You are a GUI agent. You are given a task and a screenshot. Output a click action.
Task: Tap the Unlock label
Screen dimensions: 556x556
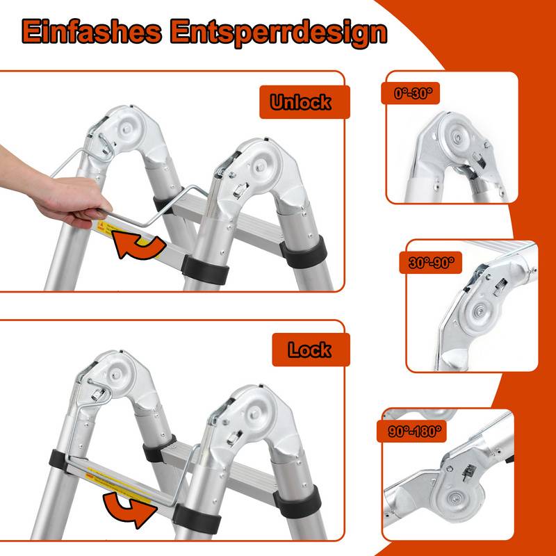pos(300,103)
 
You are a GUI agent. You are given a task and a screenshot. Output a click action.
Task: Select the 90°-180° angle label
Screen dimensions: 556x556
pos(412,431)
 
